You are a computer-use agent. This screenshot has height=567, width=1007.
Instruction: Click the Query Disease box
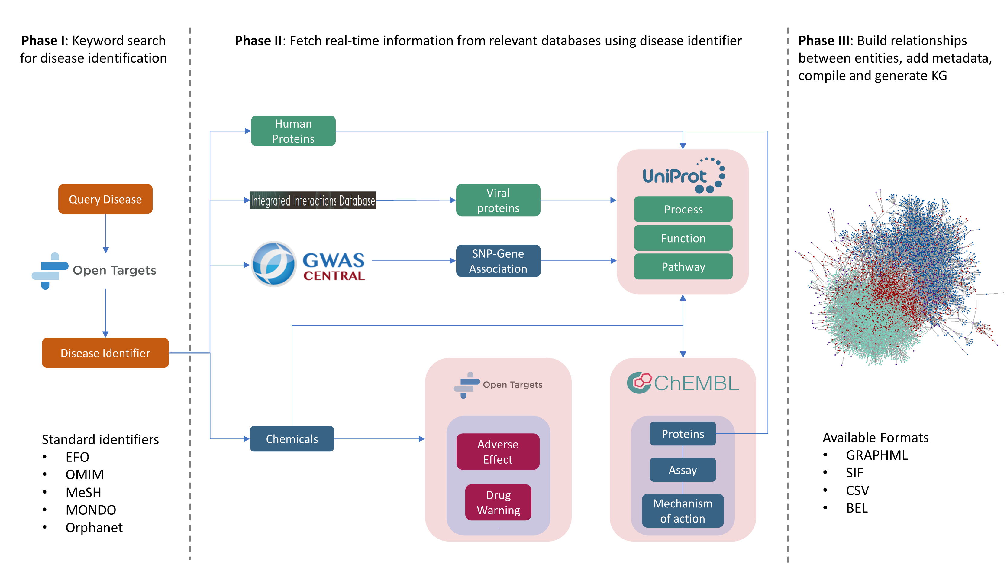click(105, 199)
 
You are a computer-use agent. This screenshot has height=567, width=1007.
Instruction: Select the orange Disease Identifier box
click(105, 353)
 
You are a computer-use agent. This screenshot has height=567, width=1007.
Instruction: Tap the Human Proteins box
click(293, 131)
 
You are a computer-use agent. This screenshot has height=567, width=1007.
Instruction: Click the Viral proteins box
click(498, 200)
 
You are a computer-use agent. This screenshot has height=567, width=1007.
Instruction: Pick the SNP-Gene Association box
click(498, 261)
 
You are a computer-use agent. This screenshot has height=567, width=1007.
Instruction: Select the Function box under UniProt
click(683, 238)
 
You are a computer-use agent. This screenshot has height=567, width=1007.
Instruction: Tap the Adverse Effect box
click(498, 451)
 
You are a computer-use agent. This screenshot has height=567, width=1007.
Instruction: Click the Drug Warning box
click(498, 502)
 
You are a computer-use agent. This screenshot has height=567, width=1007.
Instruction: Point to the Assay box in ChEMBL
click(683, 470)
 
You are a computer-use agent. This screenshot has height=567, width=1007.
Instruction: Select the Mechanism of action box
click(683, 511)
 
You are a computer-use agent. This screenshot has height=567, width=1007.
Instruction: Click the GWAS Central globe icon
click(274, 264)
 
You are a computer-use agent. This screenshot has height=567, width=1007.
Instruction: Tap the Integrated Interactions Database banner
click(313, 200)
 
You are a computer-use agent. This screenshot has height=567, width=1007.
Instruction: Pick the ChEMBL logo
click(683, 383)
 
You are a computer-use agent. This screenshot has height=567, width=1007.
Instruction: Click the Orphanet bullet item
click(94, 527)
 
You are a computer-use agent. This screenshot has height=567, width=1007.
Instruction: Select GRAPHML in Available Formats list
click(876, 455)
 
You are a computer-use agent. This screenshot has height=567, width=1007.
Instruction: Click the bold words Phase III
click(823, 41)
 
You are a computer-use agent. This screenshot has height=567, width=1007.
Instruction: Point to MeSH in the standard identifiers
click(83, 492)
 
